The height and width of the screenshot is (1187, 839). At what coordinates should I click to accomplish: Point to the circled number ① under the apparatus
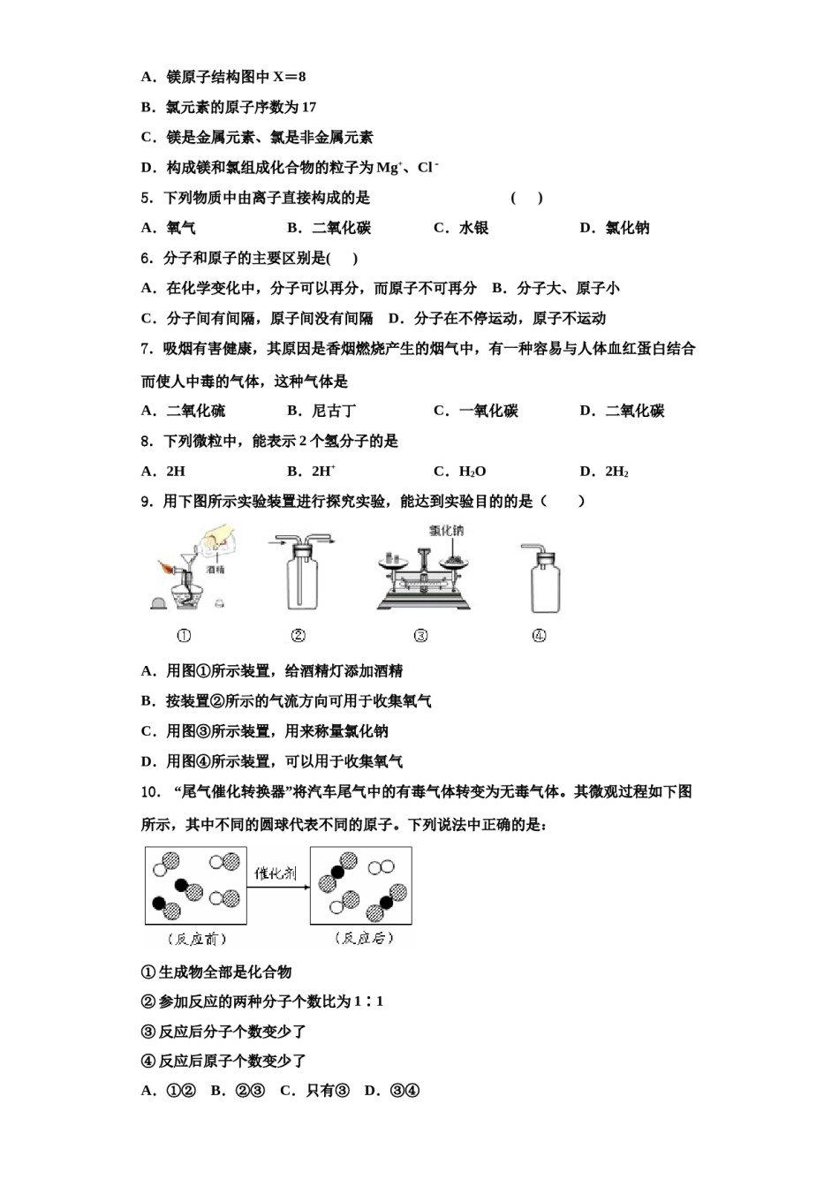(x=184, y=636)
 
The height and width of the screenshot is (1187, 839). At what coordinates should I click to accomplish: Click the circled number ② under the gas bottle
(x=299, y=636)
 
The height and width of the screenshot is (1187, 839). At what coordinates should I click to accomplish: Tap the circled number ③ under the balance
(x=420, y=636)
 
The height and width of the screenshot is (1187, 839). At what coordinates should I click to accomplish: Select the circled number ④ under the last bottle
(x=539, y=636)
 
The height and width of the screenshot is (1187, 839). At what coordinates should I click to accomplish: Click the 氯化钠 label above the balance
(x=446, y=531)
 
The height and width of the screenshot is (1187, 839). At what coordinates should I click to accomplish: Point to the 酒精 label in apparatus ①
(x=215, y=570)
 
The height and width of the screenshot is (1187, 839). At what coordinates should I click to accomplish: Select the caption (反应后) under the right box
(x=362, y=939)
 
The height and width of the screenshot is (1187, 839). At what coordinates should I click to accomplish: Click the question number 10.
(x=150, y=792)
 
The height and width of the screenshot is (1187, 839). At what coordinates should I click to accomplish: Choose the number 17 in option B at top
(x=308, y=108)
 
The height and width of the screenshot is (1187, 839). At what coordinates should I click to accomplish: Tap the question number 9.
(x=147, y=502)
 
